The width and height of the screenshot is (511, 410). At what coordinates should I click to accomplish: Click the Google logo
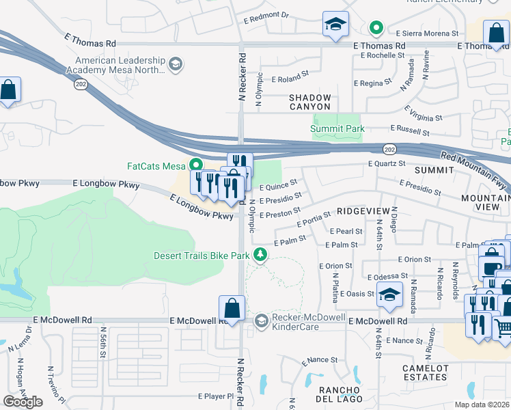pyautogui.click(x=23, y=401)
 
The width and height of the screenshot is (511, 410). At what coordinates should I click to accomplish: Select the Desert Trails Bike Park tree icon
pyautogui.click(x=260, y=255)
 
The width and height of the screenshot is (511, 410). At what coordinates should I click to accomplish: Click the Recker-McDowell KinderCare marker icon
pyautogui.click(x=260, y=320)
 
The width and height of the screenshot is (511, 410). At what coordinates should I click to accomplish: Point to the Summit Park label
pyautogui.click(x=337, y=128)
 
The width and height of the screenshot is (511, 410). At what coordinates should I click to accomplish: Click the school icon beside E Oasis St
pyautogui.click(x=389, y=295)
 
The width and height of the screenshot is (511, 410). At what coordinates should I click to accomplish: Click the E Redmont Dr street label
pyautogui.click(x=266, y=14)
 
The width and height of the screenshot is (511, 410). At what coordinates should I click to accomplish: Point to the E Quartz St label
pyautogui.click(x=387, y=163)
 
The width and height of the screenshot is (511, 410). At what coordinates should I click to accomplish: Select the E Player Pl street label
pyautogui.click(x=216, y=396)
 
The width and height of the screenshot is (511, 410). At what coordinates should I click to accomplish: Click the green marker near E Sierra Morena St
pyautogui.click(x=375, y=28)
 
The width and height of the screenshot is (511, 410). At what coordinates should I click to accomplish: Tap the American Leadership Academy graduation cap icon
pyautogui.click(x=176, y=64)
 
